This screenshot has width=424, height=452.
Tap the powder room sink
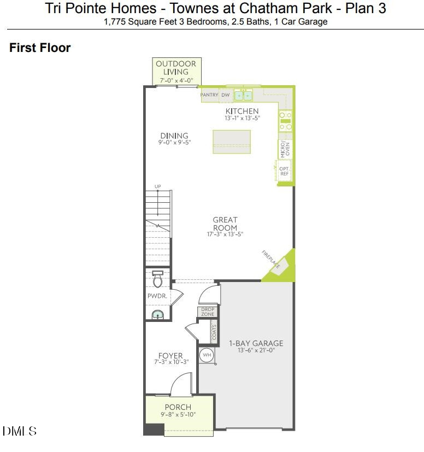pyautogui.click(x=157, y=314)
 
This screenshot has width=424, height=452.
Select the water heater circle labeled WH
pyautogui.click(x=207, y=355)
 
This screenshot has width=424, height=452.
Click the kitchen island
pyautogui.click(x=231, y=142)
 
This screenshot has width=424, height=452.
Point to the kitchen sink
pyautogui.click(x=244, y=95)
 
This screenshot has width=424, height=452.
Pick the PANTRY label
pyautogui.click(x=209, y=95)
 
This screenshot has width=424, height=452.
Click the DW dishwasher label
pyautogui.click(x=226, y=95)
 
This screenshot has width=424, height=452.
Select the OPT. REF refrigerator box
pyautogui.click(x=284, y=172)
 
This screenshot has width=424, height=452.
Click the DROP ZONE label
pyautogui.click(x=208, y=312)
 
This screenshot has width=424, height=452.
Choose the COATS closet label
pyautogui.click(x=214, y=333)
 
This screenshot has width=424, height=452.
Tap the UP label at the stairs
pyautogui.click(x=158, y=187)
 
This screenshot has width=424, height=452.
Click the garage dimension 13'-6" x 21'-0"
pyautogui.click(x=256, y=350)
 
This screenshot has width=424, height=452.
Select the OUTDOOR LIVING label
pyautogui.click(x=176, y=68)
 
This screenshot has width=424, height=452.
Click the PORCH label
pyautogui.click(x=178, y=407)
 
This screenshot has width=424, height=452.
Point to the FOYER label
pyautogui.click(x=170, y=356)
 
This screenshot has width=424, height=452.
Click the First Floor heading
pyautogui.click(x=40, y=48)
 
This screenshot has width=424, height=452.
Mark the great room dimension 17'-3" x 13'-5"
pyautogui.click(x=225, y=234)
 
